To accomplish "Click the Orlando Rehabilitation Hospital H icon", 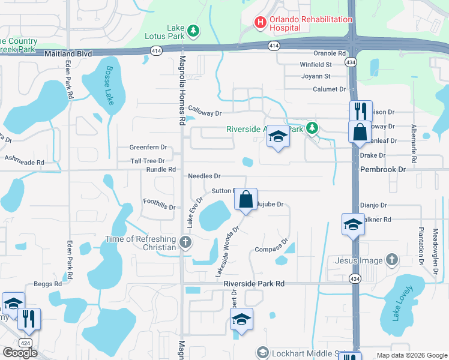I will pos(261,23).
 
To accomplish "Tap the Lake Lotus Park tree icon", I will pos(193,30).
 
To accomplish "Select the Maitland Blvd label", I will pos(68,54).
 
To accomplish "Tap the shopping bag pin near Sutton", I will pos(246,200).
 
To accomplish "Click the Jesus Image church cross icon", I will pos(391,260).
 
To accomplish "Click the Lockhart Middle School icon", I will pos(262,352).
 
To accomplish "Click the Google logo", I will pos(20,353).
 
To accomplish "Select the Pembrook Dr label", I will pos(383,170).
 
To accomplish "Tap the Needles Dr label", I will pos(204,176).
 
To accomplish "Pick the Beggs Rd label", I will pos(47,284).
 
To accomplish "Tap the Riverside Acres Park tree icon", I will pos(312,128).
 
